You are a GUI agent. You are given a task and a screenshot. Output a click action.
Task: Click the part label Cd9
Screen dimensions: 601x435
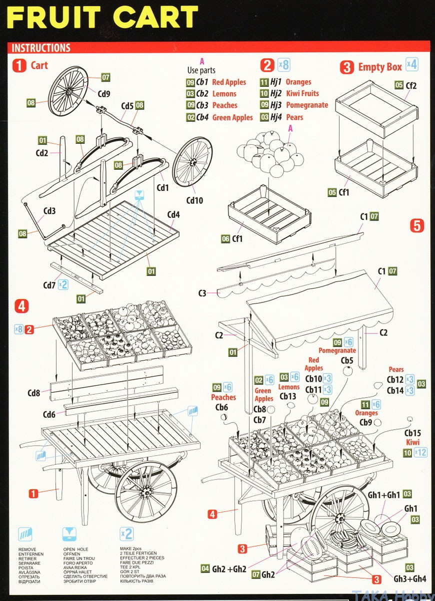coord(104,93)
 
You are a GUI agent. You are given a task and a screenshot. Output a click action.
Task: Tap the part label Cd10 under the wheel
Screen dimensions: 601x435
coord(195,200)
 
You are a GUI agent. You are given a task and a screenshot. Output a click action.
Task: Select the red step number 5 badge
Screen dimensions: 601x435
coord(417,226)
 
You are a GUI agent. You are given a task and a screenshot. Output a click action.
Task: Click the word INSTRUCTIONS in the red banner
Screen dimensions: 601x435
coord(41,48)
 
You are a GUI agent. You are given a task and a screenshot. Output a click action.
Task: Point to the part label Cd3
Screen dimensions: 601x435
coord(49,211)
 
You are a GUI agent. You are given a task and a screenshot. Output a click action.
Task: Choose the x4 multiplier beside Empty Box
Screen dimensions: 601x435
coord(411,64)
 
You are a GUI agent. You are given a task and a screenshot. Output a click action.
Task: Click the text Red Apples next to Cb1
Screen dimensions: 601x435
coord(229,82)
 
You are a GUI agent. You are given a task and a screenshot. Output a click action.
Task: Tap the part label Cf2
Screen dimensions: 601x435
coord(411,85)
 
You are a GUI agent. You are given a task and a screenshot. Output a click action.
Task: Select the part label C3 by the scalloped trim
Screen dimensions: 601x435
coord(202,293)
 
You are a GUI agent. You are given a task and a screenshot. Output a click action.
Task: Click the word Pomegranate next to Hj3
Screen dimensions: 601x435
coord(307,105)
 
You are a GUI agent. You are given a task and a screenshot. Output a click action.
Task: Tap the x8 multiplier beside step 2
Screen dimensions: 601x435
coord(283,65)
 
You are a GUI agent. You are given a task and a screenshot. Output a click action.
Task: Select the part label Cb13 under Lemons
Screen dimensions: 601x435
coord(288,396)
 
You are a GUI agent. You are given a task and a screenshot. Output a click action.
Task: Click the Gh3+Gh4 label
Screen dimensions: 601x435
coord(410,578)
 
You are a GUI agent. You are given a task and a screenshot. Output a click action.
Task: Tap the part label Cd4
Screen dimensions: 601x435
coord(173,215)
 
